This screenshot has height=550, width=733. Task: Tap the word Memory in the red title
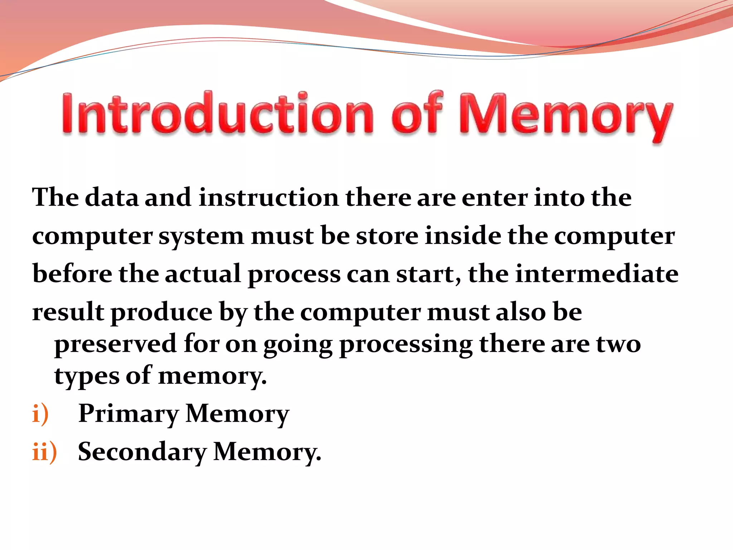[565, 116]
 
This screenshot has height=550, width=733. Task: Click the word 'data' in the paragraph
[112, 198]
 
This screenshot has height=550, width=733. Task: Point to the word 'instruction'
[268, 198]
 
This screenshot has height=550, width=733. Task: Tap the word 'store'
[387, 236]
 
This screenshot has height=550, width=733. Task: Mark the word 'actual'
[203, 274]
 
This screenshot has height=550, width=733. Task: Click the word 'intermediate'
[597, 274]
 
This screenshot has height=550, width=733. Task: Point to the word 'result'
[68, 312]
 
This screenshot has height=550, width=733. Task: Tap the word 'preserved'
[116, 344]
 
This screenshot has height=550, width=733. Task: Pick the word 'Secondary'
[142, 452]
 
